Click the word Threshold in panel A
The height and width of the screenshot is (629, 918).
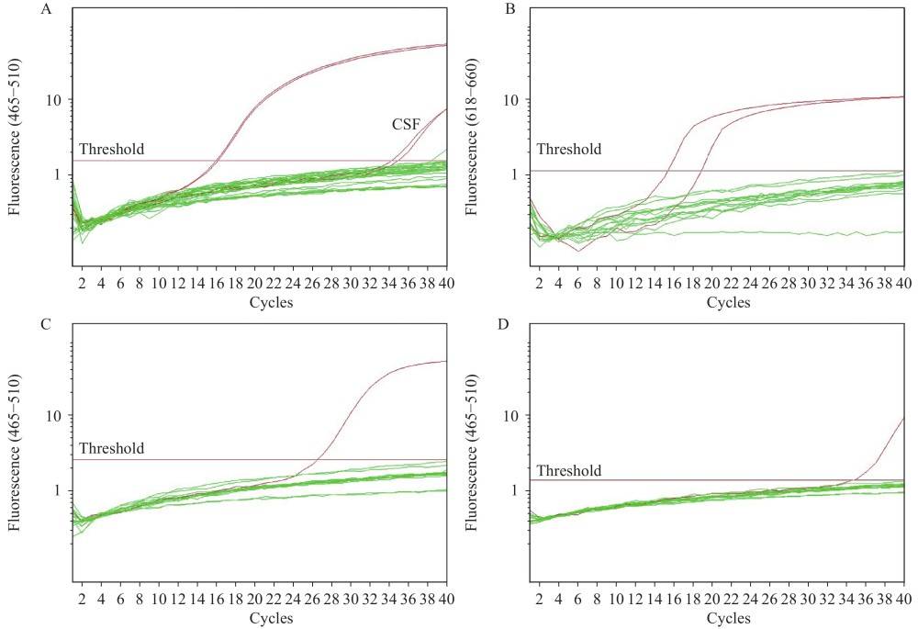(112, 149)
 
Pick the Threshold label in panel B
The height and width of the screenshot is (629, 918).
(569, 149)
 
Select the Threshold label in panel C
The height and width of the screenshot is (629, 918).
(112, 448)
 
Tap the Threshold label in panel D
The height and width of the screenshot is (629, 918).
(569, 471)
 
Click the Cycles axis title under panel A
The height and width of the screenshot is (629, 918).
(271, 302)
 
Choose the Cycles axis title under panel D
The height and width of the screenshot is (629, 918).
(728, 619)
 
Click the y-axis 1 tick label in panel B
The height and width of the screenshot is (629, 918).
(520, 174)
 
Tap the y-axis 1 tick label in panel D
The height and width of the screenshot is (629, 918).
(520, 490)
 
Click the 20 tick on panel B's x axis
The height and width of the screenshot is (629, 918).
(711, 285)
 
